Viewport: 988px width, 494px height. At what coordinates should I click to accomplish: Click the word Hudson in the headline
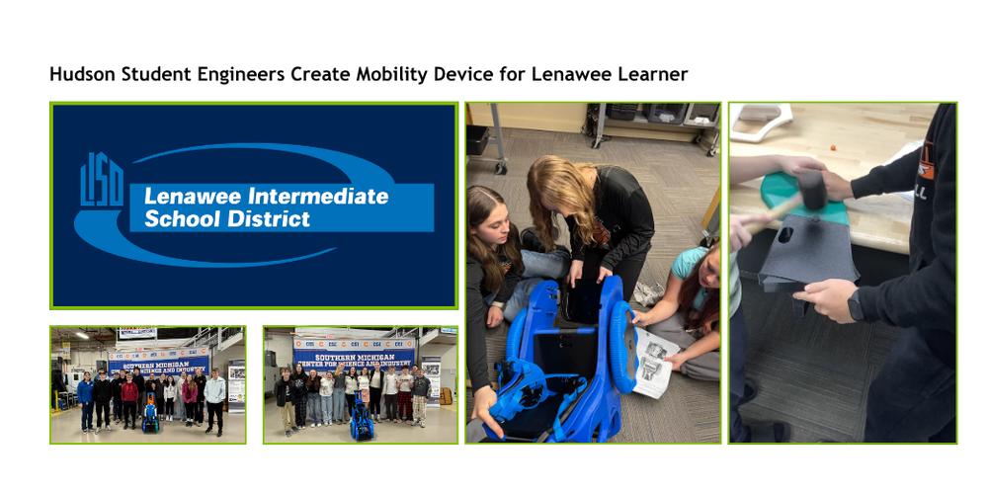click(x=80, y=74)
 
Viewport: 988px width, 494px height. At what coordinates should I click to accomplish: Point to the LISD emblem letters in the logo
click(x=102, y=181)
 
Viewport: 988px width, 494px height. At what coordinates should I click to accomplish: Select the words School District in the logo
click(x=227, y=218)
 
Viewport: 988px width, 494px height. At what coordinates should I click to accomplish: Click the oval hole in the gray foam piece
click(x=785, y=236)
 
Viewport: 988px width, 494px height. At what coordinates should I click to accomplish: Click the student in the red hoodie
click(x=129, y=394)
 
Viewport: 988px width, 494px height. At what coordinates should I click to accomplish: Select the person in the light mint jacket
click(x=214, y=393)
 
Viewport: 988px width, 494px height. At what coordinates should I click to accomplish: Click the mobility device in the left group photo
click(x=150, y=415)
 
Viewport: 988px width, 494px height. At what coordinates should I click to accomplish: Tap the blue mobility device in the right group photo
click(x=361, y=418)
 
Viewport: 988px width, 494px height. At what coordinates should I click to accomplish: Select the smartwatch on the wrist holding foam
click(x=855, y=308)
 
